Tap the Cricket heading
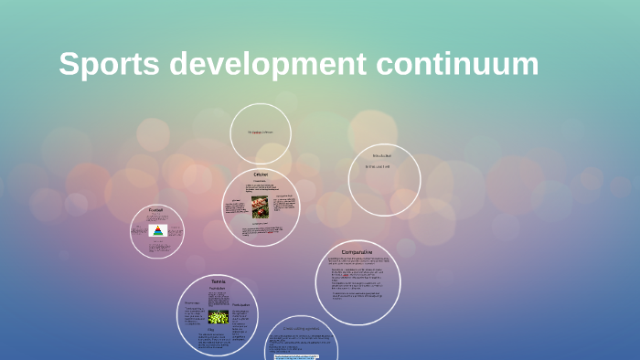[261, 174]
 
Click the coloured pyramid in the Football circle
[157, 230]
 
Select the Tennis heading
[219, 281]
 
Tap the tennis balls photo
[219, 316]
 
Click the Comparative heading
[358, 251]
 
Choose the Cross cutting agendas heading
[301, 327]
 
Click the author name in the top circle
[261, 132]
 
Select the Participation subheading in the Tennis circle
[240, 304]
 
